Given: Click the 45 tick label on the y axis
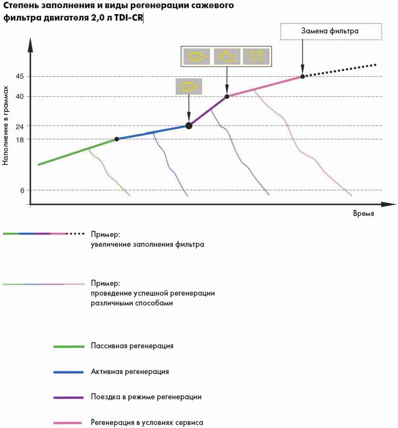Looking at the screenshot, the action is coord(19,77).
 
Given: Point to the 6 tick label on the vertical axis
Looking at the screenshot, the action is coord(22,190).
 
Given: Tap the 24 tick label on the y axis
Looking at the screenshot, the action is coord(19,127).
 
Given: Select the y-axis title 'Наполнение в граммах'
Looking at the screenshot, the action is coord(5,126).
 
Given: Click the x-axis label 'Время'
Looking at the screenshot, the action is coord(364,213).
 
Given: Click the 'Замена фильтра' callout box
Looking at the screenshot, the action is coord(331,32).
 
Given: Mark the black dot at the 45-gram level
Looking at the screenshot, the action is coord(302,77).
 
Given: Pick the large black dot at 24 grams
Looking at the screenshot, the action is coord(189,126).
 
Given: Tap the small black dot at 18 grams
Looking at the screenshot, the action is coord(117,139).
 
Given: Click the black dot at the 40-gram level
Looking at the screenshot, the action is coord(227,96).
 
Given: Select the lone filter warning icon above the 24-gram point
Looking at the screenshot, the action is coord(189,86).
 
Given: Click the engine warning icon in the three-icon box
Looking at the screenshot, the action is coord(227,57).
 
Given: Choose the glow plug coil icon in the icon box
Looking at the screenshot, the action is coord(256,57).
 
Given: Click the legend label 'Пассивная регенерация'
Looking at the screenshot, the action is coord(132,346).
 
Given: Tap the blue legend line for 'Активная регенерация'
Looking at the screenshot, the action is coord(69,372).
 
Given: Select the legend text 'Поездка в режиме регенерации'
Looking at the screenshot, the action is coord(146,397).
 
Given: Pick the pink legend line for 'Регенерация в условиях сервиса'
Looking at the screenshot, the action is coord(68,423).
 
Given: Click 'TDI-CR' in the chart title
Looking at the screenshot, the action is coord(128,18).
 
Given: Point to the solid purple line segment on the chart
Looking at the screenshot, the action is coord(208,111).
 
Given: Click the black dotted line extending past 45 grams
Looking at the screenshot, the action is coord(340,71).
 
